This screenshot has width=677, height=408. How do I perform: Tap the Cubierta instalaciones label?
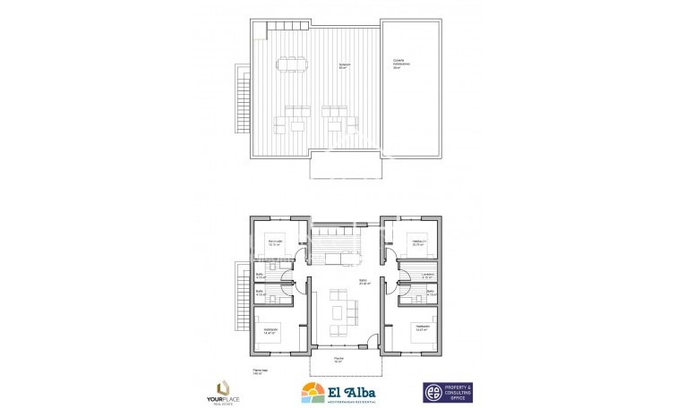coord(401,63)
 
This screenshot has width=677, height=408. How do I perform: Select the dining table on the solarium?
coord(291,64)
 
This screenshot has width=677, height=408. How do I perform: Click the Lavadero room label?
coord(426,275)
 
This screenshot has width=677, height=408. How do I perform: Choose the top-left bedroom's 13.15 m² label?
coord(275,243)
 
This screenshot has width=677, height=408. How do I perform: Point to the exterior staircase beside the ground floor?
coord(240,294)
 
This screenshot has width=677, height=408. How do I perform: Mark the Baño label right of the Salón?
coord(430,293)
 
